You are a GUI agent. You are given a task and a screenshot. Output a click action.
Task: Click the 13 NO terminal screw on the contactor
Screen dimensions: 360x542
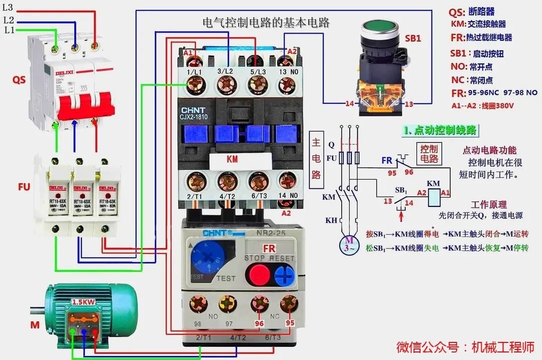pyautogui.click(x=287, y=88)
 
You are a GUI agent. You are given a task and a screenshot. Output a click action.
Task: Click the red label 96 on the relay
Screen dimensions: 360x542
pyautogui.click(x=259, y=323)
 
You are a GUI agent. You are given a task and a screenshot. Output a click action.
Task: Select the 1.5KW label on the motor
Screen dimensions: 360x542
pyautogui.click(x=83, y=303)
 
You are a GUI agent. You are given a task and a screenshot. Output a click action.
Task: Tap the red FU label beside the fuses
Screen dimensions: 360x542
pyautogui.click(x=24, y=187)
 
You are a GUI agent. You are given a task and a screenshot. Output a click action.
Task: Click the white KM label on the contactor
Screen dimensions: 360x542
pyautogui.click(x=232, y=159)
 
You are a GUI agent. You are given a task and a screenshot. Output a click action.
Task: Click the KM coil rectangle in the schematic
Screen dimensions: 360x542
pyautogui.click(x=434, y=198)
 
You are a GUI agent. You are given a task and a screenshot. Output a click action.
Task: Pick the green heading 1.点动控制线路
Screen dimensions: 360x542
pyautogui.click(x=440, y=130)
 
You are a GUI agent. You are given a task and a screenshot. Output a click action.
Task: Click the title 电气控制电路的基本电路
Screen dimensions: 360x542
pyautogui.click(x=266, y=23)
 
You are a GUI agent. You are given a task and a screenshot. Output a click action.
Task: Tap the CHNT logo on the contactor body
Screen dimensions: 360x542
pyautogui.click(x=193, y=110)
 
